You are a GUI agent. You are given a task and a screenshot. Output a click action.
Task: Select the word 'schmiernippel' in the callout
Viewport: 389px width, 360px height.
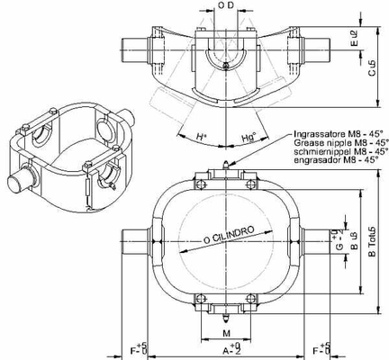pos(317,152)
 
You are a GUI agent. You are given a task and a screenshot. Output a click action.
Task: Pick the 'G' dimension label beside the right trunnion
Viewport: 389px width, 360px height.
pos(339,243)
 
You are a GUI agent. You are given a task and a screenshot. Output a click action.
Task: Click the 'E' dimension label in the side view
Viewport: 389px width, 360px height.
pos(353,38)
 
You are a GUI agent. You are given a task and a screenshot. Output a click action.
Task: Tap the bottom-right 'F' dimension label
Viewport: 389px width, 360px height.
pos(317,347)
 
